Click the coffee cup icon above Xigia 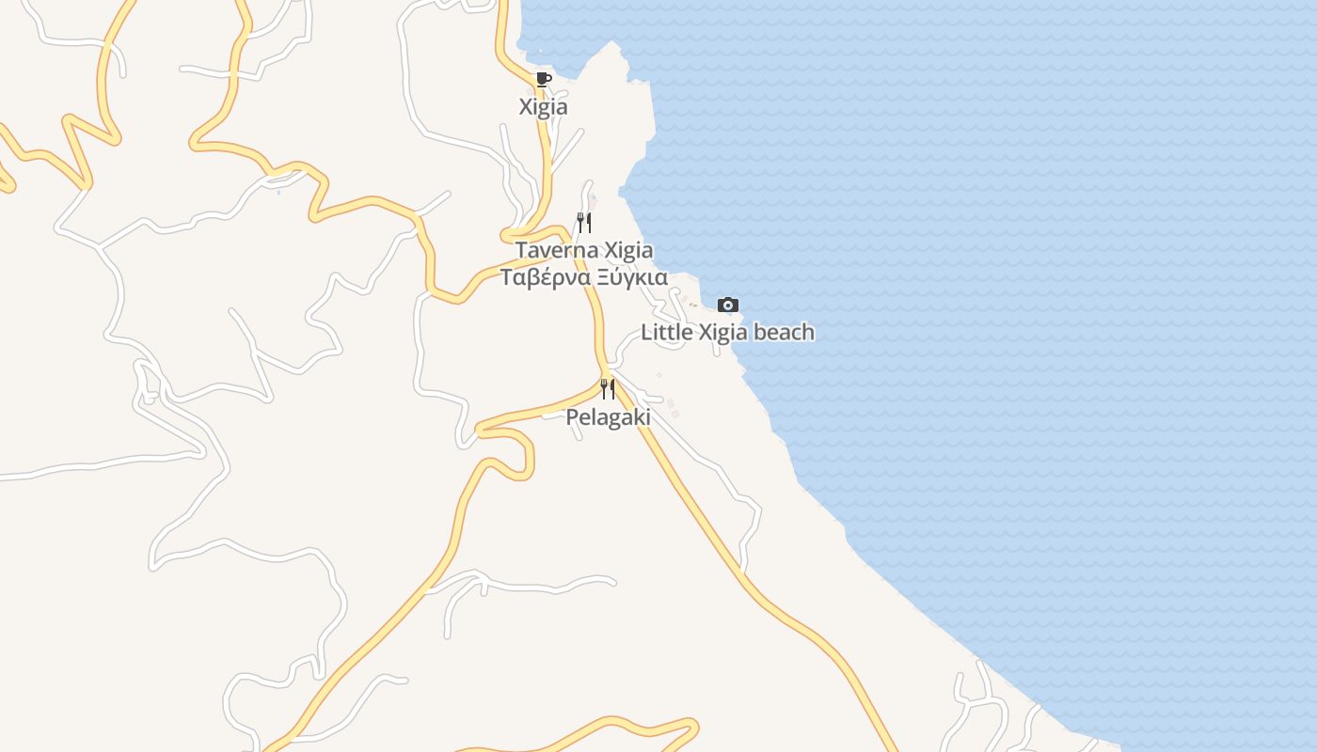[x=543, y=79]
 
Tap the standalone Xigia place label [x=544, y=107]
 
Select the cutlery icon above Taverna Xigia [x=584, y=223]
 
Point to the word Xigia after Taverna [x=627, y=251]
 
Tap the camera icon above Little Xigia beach [x=727, y=305]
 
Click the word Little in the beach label [x=666, y=333]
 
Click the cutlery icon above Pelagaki [x=608, y=388]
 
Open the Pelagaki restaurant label [x=608, y=417]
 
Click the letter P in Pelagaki [x=572, y=417]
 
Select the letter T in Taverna [x=520, y=251]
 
